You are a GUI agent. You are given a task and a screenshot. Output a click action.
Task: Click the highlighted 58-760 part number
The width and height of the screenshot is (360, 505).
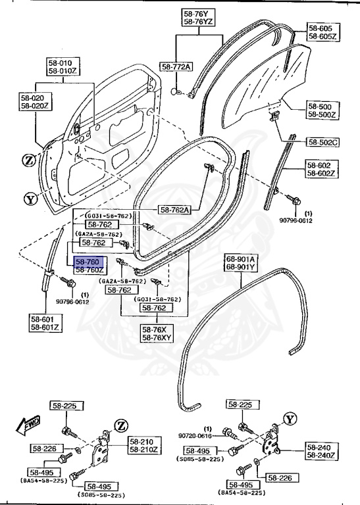click(88, 262)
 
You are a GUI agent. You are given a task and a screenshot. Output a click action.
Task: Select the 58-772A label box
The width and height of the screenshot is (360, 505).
click(176, 67)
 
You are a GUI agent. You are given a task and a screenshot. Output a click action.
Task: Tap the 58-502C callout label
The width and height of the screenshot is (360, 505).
click(322, 141)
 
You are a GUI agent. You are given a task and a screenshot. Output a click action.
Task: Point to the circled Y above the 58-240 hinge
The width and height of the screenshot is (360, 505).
click(290, 418)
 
